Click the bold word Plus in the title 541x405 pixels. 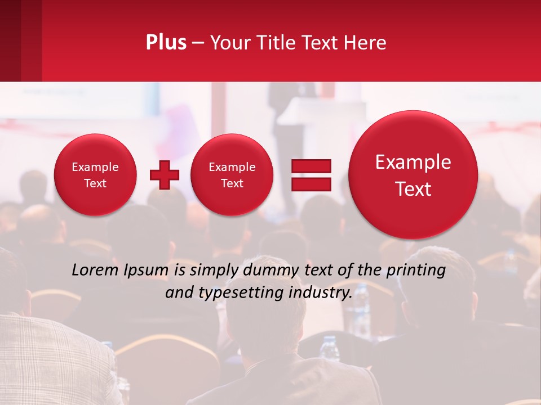click(166, 43)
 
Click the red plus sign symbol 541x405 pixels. click(164, 174)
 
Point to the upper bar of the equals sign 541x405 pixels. click(311, 166)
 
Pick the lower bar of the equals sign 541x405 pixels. click(311, 184)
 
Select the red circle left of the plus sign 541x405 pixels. click(95, 174)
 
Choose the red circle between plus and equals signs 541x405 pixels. click(232, 174)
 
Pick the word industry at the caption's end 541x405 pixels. click(321, 292)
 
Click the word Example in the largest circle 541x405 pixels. click(413, 162)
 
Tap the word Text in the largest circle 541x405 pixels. click(413, 189)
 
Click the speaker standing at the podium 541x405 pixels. click(280, 107)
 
